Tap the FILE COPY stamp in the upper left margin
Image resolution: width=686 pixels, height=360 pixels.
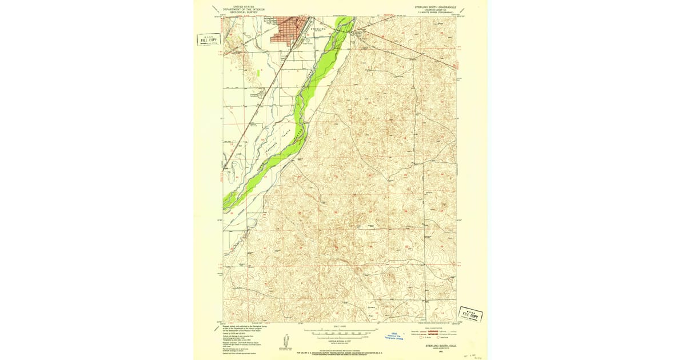click(x=209, y=39)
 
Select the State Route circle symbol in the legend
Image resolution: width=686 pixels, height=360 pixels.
click(x=438, y=336)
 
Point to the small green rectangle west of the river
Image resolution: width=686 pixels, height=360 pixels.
click(x=258, y=73)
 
